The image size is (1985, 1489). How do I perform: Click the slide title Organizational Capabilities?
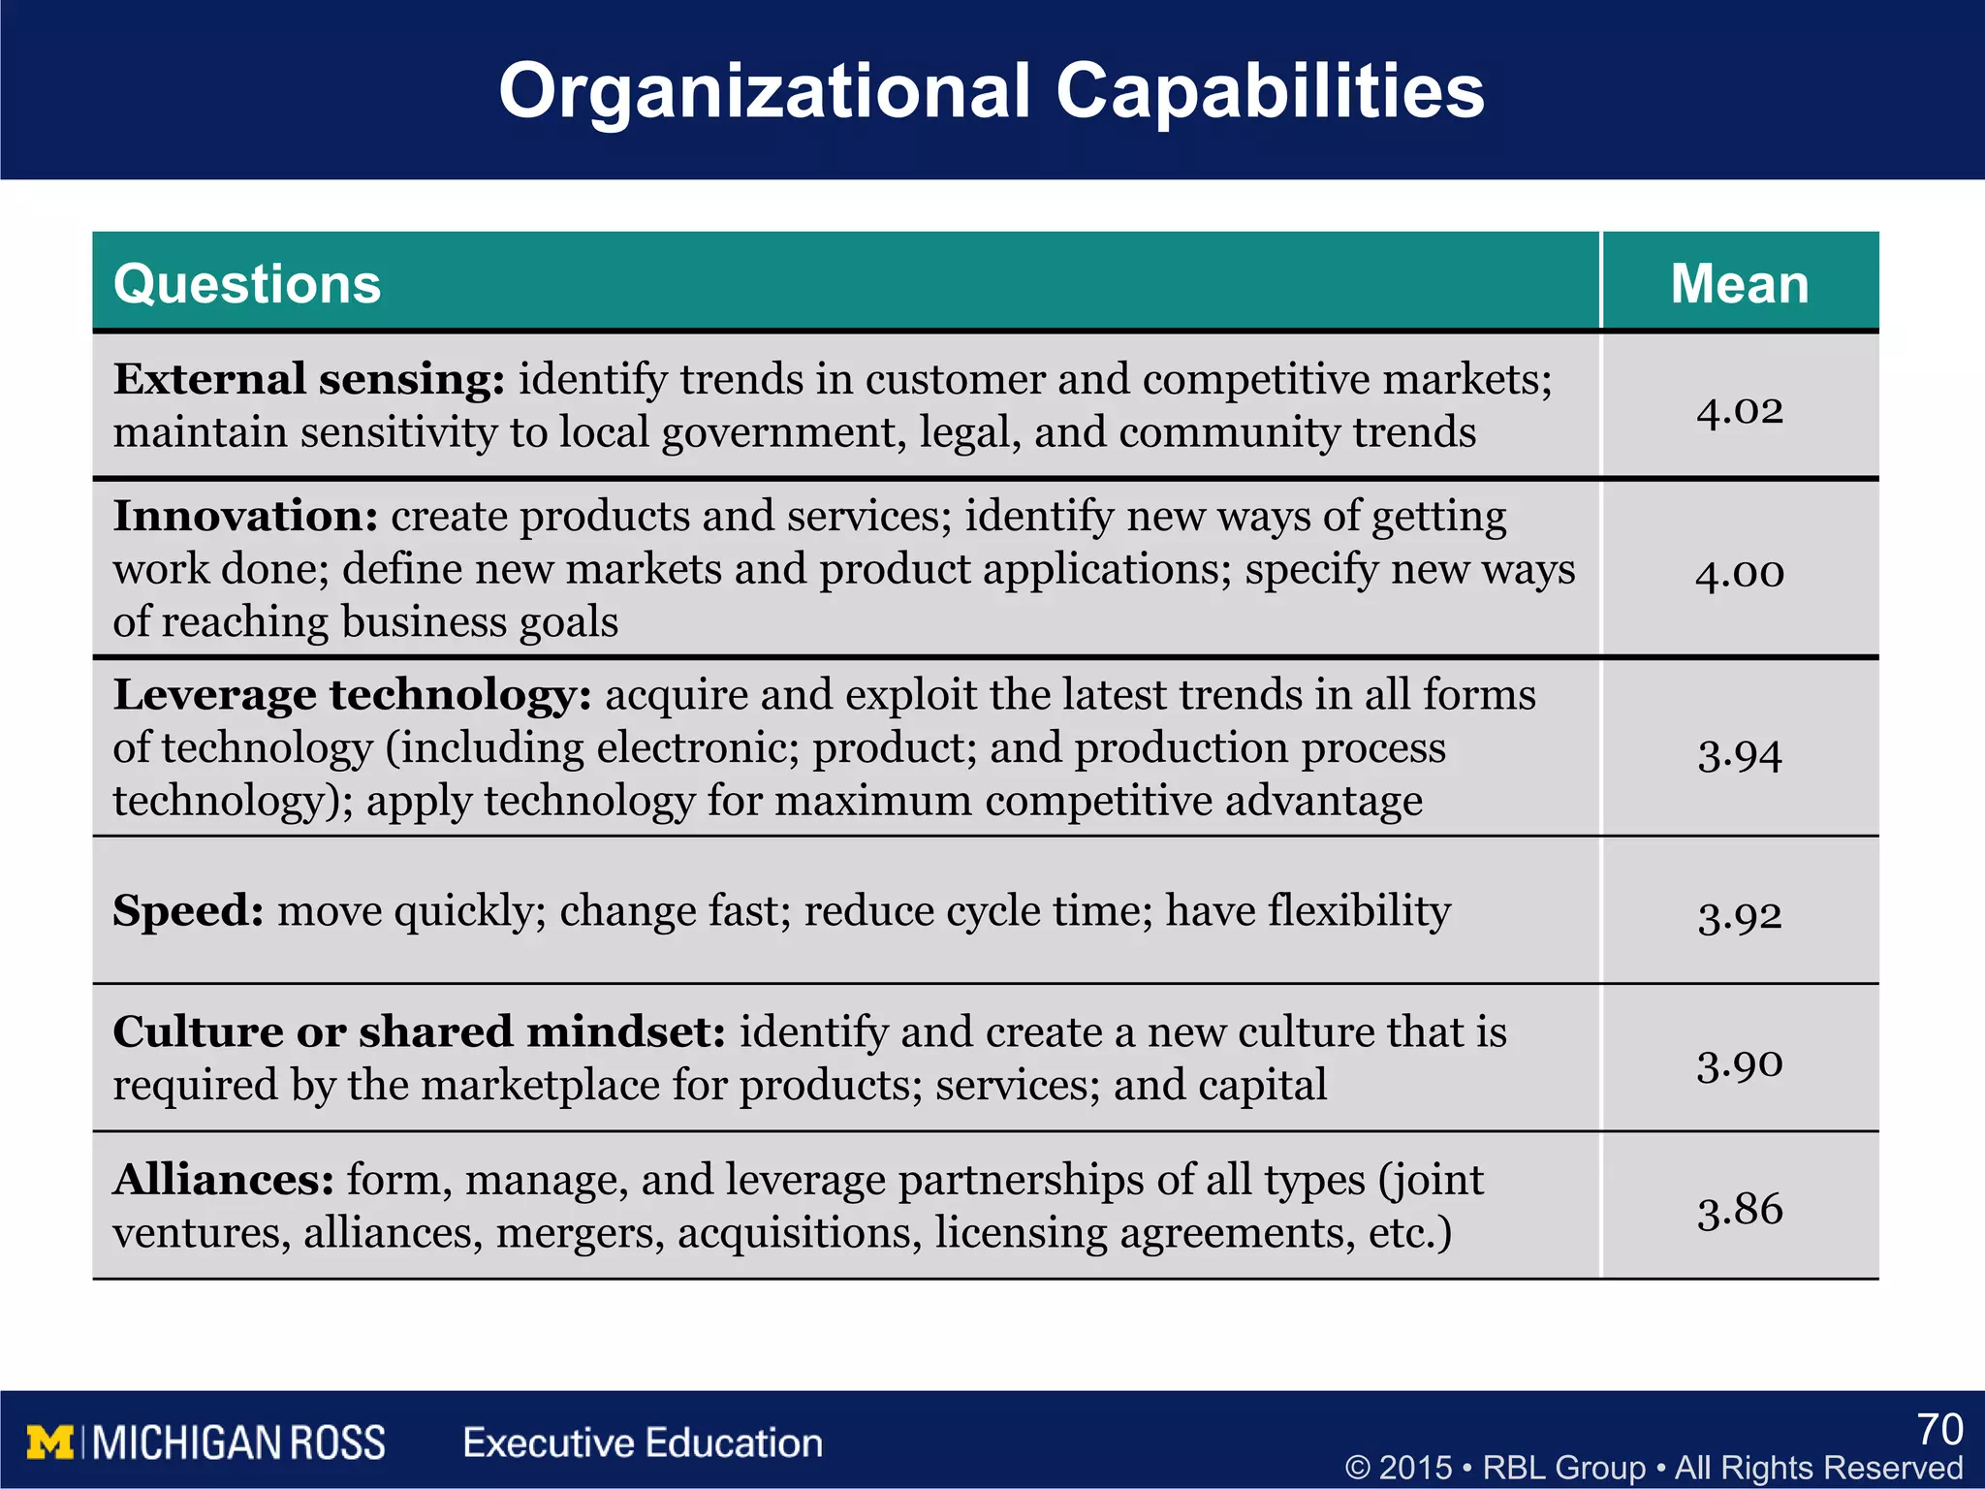[x=991, y=90]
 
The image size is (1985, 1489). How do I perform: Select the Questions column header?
[x=247, y=284]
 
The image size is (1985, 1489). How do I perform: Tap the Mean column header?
[x=1739, y=284]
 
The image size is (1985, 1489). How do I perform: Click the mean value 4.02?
[x=1739, y=410]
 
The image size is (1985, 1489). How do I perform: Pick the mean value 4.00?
[x=1739, y=573]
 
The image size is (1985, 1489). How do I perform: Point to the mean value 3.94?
[x=1739, y=754]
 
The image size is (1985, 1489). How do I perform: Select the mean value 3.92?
[x=1739, y=914]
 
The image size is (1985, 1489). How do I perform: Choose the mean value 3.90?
[x=1739, y=1064]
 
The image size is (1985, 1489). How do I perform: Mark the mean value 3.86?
[x=1739, y=1210]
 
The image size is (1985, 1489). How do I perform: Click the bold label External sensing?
[x=308, y=379]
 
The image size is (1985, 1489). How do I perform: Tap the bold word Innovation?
[x=245, y=516]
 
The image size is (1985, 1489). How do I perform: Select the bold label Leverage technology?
[x=351, y=695]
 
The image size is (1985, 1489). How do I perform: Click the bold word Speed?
[x=188, y=911]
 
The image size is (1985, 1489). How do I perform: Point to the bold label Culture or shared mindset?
[x=419, y=1031]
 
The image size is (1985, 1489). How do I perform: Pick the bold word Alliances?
[x=224, y=1180]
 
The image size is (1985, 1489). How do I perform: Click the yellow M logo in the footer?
[x=50, y=1442]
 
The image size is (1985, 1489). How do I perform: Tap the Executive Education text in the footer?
[x=643, y=1442]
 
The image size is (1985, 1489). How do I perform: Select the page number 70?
[x=1939, y=1430]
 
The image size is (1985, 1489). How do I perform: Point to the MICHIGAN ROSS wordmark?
[x=238, y=1442]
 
